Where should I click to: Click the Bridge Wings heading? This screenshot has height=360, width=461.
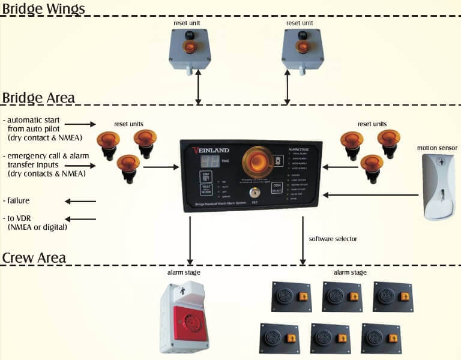tap(43, 8)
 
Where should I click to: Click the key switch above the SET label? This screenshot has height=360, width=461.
tap(255, 193)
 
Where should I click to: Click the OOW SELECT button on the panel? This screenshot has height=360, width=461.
tap(277, 188)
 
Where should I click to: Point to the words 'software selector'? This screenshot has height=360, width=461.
tap(333, 239)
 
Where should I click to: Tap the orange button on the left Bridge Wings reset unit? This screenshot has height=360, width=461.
tap(189, 47)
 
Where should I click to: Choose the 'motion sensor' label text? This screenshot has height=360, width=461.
tap(437, 148)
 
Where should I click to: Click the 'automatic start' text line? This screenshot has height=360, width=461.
tap(33, 120)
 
